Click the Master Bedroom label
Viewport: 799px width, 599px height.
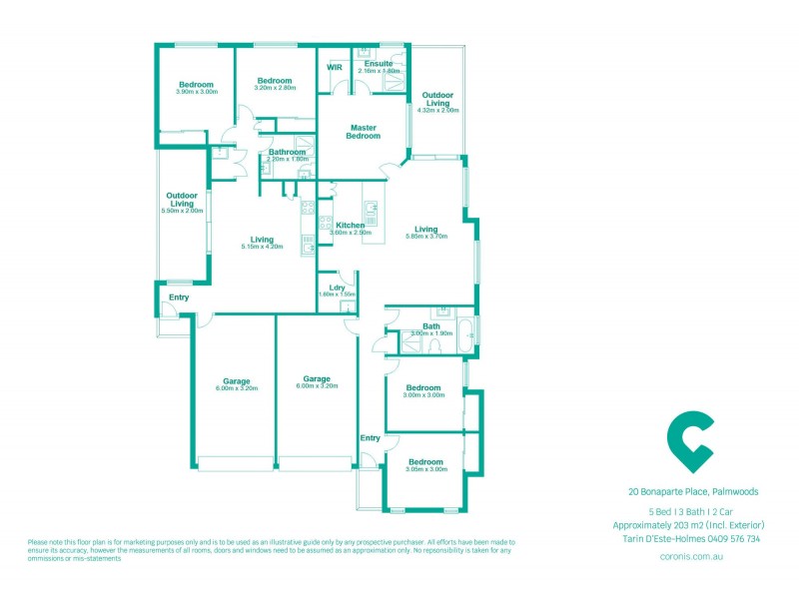[364, 131]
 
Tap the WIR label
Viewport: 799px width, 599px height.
[335, 67]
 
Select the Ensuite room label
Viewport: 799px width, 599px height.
[379, 63]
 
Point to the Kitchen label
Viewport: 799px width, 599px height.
[350, 226]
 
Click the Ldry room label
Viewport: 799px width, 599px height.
[337, 288]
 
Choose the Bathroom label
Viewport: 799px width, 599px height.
[287, 152]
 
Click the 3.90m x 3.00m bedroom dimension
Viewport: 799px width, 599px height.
[196, 92]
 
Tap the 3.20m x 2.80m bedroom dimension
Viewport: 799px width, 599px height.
[274, 88]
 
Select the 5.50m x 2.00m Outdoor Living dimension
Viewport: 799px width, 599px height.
[182, 211]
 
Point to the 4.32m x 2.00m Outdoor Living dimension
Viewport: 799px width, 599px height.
[437, 110]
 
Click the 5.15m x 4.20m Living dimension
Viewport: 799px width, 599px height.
[263, 246]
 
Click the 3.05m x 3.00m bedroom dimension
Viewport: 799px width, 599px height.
[425, 468]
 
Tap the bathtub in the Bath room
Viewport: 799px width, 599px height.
[464, 335]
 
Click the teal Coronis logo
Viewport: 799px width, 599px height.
[689, 440]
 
